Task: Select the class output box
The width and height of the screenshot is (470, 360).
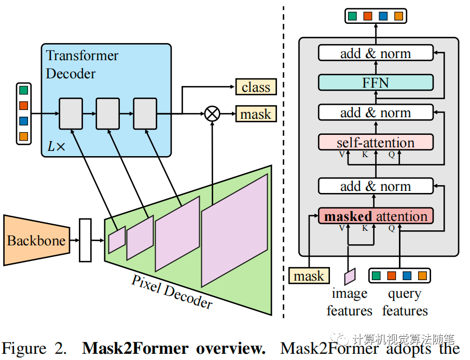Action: [x=256, y=87]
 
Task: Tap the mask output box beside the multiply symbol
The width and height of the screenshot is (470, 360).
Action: [x=256, y=114]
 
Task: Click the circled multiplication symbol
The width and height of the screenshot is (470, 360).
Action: [x=212, y=113]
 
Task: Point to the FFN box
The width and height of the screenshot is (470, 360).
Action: [x=375, y=82]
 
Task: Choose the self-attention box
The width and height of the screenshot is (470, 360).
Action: [x=375, y=143]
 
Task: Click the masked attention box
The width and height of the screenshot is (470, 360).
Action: [x=375, y=216]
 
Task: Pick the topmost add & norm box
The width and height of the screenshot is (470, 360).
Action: [x=375, y=53]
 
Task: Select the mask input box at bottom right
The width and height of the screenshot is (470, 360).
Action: [x=309, y=276]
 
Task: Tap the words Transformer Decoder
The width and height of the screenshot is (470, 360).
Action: [x=82, y=64]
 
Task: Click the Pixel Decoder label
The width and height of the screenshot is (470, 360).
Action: [x=172, y=292]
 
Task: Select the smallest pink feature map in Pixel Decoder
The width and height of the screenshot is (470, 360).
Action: [x=117, y=240]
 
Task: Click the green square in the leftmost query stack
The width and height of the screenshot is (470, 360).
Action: [x=23, y=90]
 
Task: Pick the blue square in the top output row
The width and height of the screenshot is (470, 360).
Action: [x=383, y=16]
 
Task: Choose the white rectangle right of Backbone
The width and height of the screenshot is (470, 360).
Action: [x=85, y=240]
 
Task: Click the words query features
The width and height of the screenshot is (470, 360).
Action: [x=405, y=302]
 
